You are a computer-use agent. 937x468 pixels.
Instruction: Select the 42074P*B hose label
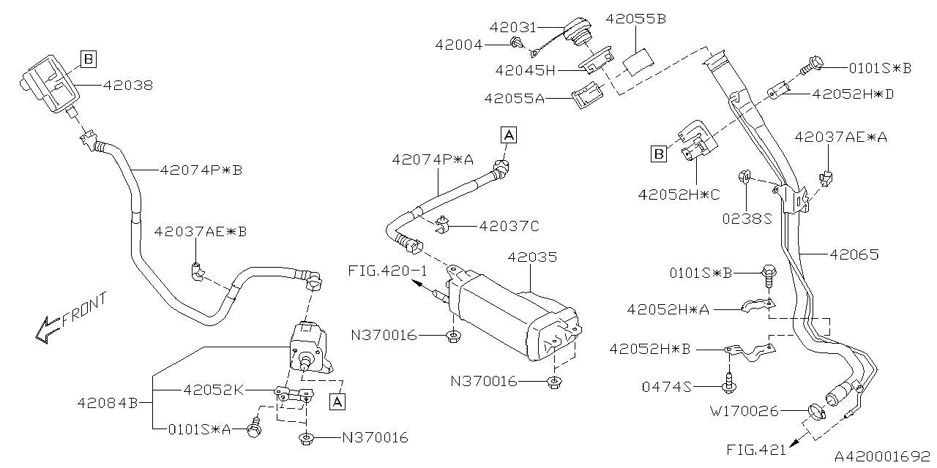pos(201,170)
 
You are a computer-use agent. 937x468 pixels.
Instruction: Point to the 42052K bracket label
pos(213,390)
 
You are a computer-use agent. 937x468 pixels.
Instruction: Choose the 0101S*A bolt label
pos(200,429)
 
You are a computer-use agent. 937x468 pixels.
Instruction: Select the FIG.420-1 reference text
pos(387,271)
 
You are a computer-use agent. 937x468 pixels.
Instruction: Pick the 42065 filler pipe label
pos(854,255)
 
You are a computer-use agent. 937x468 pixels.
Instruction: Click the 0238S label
pos(747,217)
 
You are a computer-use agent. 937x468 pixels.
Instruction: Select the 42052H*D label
pos(853,94)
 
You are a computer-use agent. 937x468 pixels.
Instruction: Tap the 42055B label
pos(635,20)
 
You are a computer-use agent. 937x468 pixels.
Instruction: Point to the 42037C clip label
pos(508,227)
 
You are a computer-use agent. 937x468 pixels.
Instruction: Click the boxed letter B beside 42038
pos(88,58)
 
